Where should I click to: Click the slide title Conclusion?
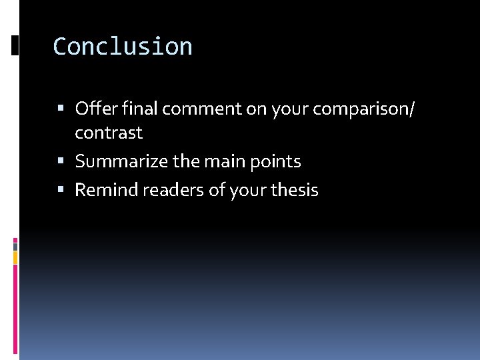click(x=123, y=47)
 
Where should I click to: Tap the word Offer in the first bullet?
click(x=89, y=108)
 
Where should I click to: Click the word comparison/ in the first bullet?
click(x=357, y=108)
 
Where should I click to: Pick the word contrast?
click(x=109, y=133)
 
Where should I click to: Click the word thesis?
click(x=293, y=190)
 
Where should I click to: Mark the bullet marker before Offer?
click(x=61, y=108)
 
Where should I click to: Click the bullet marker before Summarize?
click(x=61, y=161)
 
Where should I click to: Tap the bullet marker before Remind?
click(x=61, y=190)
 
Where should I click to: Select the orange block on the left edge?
click(x=15, y=257)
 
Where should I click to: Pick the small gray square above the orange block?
click(x=15, y=245)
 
